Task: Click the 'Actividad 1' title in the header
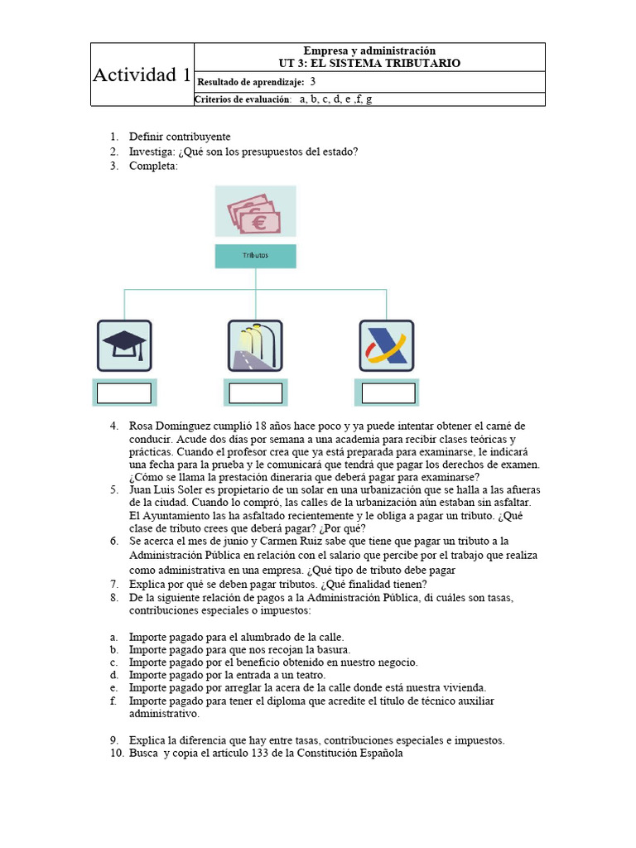142,75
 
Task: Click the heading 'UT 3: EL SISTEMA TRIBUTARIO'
369,63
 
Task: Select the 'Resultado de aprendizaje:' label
250,82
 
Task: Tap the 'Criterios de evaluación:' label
243,99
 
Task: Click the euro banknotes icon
255,212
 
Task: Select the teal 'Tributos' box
255,256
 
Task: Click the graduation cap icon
124,345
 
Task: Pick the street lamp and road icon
255,345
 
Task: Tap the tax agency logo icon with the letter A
386,345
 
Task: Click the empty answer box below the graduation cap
124,393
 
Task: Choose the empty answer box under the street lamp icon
255,393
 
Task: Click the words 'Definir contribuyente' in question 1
180,137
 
